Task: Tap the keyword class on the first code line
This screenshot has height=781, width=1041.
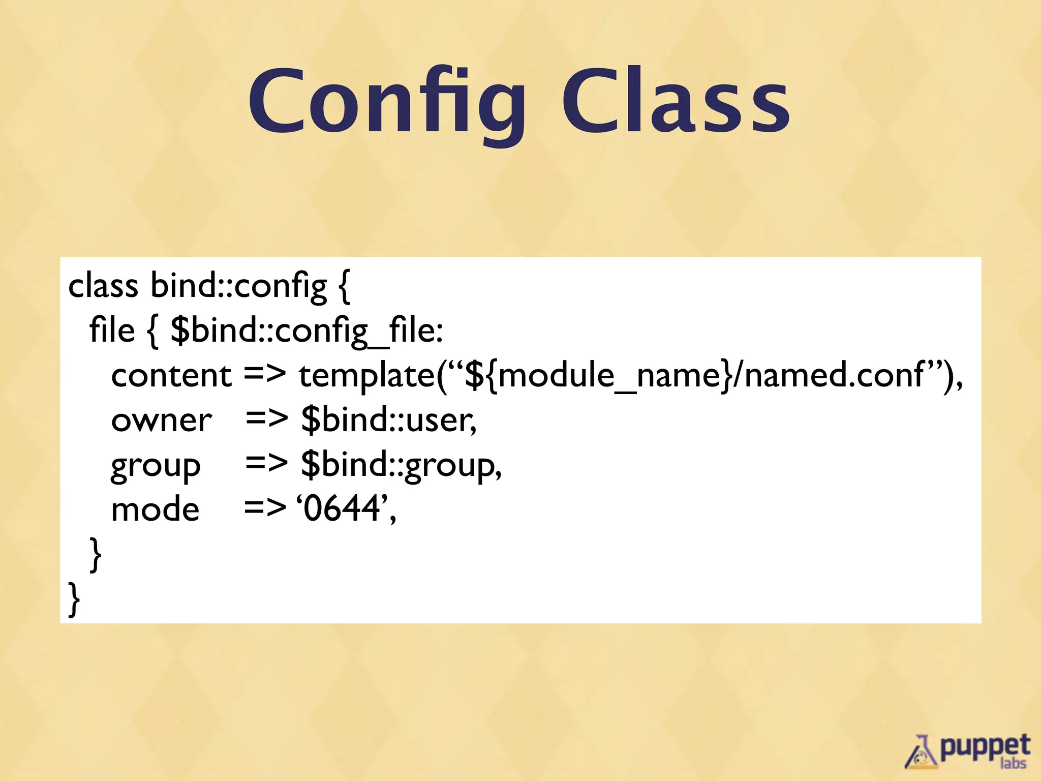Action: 103,286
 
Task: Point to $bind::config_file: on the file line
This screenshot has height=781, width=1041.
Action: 307,331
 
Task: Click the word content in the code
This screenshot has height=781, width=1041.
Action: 171,376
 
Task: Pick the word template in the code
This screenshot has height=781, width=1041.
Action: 367,376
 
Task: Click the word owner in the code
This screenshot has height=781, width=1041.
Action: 161,421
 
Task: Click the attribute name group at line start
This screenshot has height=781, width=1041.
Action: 156,466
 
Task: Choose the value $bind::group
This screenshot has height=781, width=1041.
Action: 400,465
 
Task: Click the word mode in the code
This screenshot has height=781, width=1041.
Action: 155,509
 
